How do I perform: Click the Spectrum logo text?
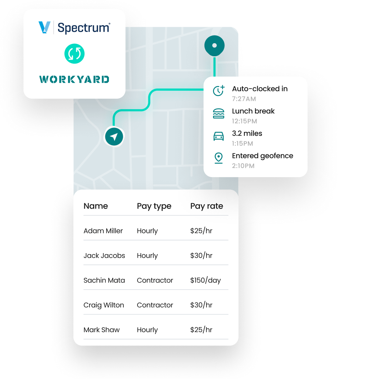[x=84, y=27]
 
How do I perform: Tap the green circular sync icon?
[x=74, y=54]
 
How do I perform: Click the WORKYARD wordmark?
[x=74, y=79]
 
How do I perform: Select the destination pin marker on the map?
[x=214, y=45]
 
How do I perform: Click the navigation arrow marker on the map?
[x=114, y=137]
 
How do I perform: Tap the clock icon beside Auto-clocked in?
[x=218, y=90]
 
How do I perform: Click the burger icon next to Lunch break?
[x=218, y=113]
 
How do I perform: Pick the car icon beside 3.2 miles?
[x=218, y=136]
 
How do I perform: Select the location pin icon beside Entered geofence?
[x=218, y=158]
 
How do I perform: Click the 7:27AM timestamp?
[x=244, y=99]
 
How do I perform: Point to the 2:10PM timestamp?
[x=243, y=166]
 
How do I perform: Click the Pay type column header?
[x=154, y=206]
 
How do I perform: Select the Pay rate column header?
[x=207, y=206]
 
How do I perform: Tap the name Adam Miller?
[x=103, y=231]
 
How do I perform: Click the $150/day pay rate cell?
[x=205, y=280]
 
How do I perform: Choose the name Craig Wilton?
[x=104, y=305]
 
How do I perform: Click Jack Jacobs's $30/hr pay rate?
[x=201, y=255]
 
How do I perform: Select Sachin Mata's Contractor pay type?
[x=155, y=280]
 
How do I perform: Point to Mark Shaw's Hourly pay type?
[x=147, y=330]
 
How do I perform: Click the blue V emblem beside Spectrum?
[x=45, y=27]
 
